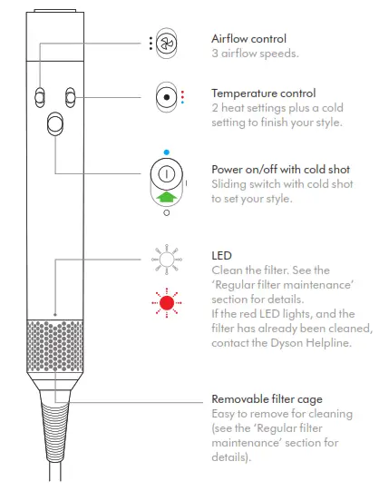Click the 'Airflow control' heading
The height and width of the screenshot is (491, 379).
point(248,39)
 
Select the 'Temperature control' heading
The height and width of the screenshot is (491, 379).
point(264,93)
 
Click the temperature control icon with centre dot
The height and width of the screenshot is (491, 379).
point(166,97)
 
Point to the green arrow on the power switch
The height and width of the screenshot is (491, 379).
point(166,195)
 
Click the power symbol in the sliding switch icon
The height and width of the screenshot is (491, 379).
point(166,173)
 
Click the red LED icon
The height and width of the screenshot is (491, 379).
point(166,301)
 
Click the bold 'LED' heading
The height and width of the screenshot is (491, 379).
point(221,256)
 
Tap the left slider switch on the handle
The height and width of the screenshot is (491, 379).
point(40,97)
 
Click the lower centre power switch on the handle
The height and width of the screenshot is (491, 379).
point(54,123)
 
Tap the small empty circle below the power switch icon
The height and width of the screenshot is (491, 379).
point(166,214)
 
